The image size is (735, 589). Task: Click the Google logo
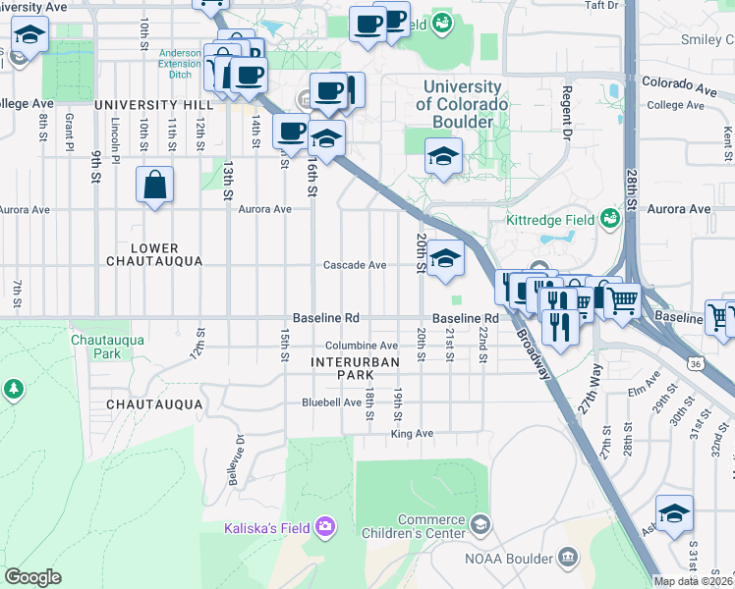click(32, 577)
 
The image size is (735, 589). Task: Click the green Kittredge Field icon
click(610, 217)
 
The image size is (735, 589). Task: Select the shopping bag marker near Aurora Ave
click(155, 186)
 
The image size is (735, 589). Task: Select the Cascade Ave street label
click(355, 265)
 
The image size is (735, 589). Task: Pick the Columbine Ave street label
click(362, 346)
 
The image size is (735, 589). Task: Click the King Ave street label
click(412, 433)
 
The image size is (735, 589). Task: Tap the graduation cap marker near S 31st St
click(674, 513)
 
